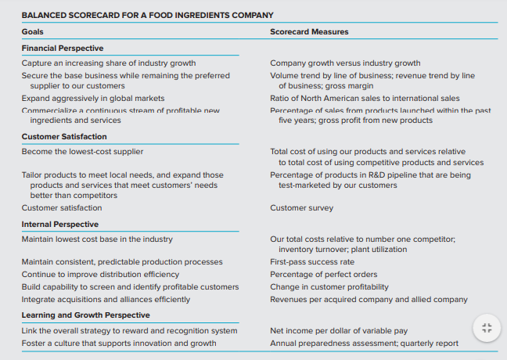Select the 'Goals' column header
click(x=33, y=32)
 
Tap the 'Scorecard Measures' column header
click(x=309, y=32)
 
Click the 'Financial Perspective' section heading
click(x=63, y=49)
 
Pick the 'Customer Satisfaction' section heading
click(x=64, y=137)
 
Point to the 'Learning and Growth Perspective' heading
click(x=86, y=315)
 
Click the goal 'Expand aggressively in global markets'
click(x=93, y=99)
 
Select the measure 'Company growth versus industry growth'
click(x=345, y=63)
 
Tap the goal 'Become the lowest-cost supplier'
click(x=82, y=151)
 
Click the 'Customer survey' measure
click(x=301, y=208)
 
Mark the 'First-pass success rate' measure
click(x=312, y=262)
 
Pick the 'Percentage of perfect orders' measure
click(x=324, y=275)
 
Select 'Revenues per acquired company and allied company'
click(x=369, y=300)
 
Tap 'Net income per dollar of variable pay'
click(x=339, y=331)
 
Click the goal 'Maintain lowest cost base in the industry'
click(x=97, y=239)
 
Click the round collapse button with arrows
click(x=486, y=328)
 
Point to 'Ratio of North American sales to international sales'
click(x=365, y=99)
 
